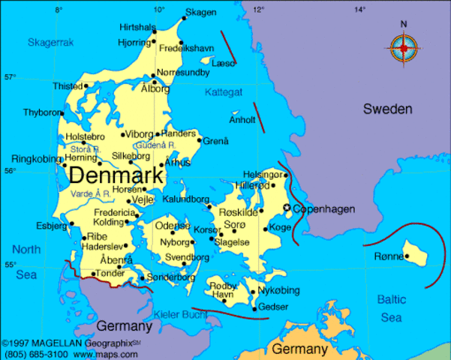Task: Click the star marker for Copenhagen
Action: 286,208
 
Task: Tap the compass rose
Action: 403,48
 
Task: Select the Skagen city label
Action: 200,12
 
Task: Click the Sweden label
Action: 388,109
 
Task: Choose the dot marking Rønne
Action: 407,256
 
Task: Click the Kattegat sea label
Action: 224,92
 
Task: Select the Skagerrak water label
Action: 51,43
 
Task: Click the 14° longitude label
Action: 359,9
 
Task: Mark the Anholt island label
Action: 242,119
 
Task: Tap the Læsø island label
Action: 224,64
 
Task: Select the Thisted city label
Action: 67,86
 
